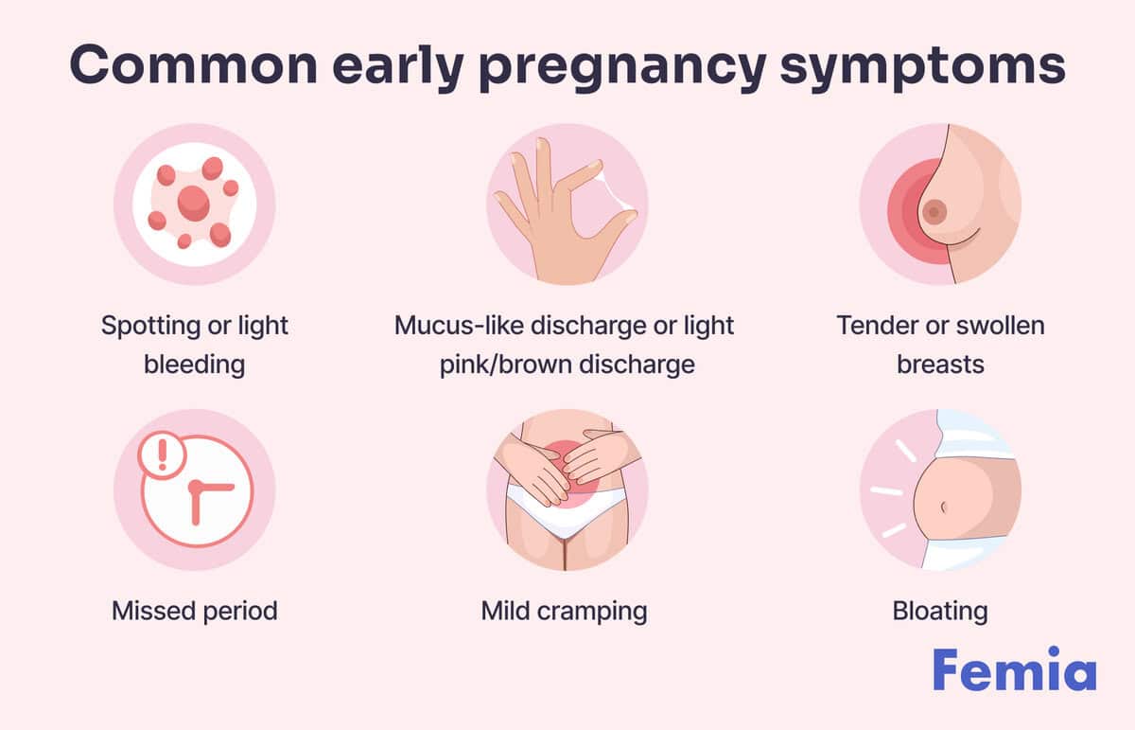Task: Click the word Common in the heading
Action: click(194, 64)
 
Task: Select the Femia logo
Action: click(1014, 668)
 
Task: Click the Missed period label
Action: click(195, 611)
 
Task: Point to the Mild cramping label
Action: click(564, 612)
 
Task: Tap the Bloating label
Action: click(940, 612)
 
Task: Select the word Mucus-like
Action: click(459, 325)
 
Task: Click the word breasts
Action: click(940, 365)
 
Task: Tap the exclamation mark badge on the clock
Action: click(162, 454)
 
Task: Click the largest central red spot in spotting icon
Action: click(194, 204)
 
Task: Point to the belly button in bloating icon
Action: click(944, 507)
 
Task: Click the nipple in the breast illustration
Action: click(934, 212)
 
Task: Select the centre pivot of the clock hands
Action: click(196, 488)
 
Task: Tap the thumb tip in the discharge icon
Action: click(629, 217)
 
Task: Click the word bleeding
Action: click(195, 365)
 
